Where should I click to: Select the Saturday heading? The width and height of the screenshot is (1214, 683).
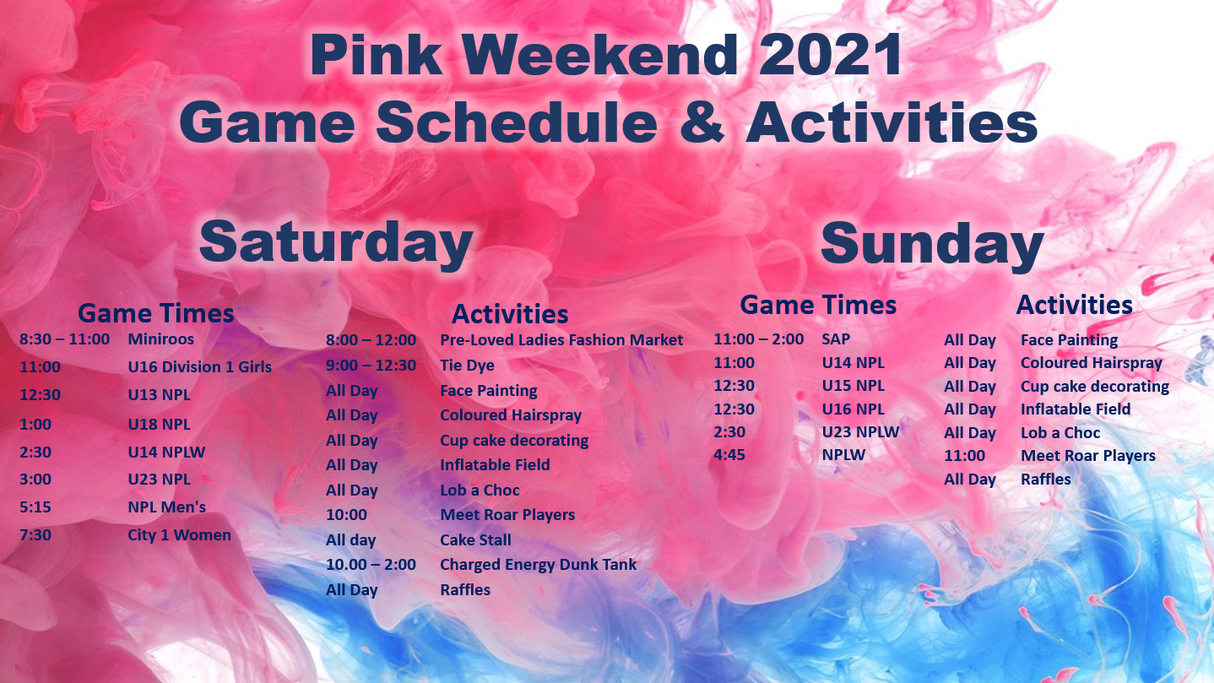pyautogui.click(x=335, y=242)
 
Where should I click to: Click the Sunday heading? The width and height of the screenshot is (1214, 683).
pyautogui.click(x=932, y=244)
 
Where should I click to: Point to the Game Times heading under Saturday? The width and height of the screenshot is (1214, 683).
pyautogui.click(x=155, y=314)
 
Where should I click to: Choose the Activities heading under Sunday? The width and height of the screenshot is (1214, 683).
pyautogui.click(x=1074, y=305)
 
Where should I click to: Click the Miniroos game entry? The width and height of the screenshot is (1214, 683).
pyautogui.click(x=160, y=339)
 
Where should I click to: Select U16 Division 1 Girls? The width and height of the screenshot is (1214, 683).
pyautogui.click(x=199, y=367)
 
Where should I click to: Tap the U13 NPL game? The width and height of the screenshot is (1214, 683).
pyautogui.click(x=159, y=395)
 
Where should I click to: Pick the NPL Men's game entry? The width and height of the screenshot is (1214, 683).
pyautogui.click(x=166, y=507)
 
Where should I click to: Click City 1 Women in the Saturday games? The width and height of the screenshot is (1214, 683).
pyautogui.click(x=179, y=535)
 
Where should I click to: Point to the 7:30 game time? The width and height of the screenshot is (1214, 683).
pyautogui.click(x=35, y=535)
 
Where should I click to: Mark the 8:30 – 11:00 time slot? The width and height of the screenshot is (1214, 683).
pyautogui.click(x=64, y=339)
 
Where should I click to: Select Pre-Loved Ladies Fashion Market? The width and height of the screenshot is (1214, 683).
pyautogui.click(x=561, y=340)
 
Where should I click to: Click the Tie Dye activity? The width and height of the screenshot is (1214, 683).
pyautogui.click(x=467, y=366)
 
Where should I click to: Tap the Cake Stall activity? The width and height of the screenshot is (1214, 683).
pyautogui.click(x=475, y=540)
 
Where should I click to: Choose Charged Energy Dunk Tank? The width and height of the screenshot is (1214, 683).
pyautogui.click(x=538, y=565)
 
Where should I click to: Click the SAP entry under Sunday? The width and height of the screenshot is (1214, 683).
pyautogui.click(x=836, y=339)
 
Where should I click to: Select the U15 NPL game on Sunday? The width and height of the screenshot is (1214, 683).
pyautogui.click(x=853, y=386)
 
